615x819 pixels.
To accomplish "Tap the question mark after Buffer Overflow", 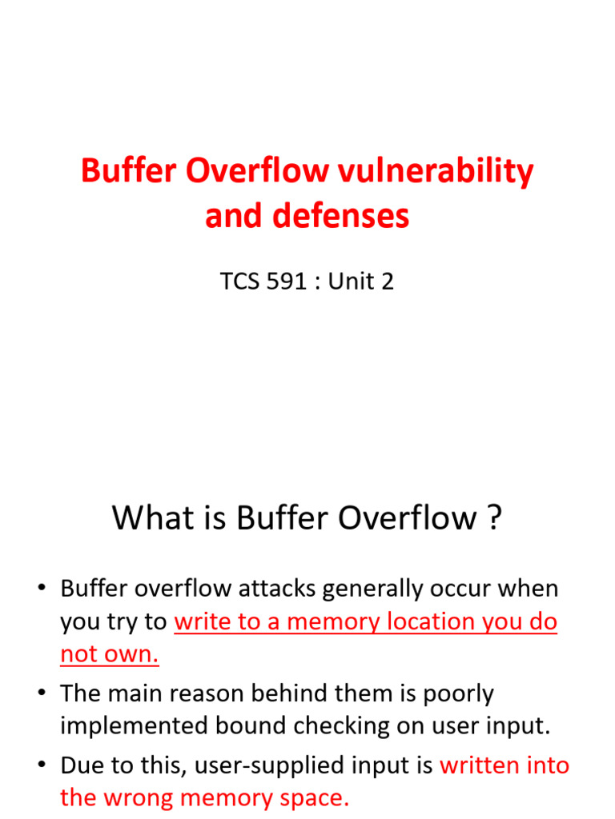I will click(494, 518).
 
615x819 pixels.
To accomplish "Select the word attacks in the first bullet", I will click(265, 589).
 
